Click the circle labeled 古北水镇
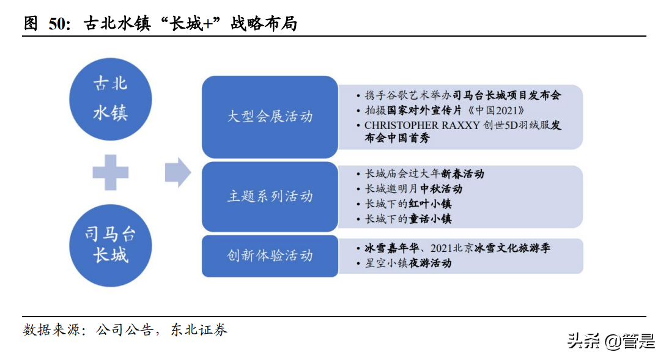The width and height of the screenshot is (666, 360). [111, 98]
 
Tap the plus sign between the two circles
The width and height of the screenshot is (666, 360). [111, 172]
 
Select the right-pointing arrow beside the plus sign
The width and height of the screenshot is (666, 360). [177, 172]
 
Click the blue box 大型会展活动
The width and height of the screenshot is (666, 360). [270, 116]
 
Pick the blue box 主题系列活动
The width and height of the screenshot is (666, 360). [270, 196]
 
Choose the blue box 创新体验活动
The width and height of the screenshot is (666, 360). [270, 255]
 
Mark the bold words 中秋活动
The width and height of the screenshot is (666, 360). [441, 189]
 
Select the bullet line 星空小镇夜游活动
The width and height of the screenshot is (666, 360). [408, 263]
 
